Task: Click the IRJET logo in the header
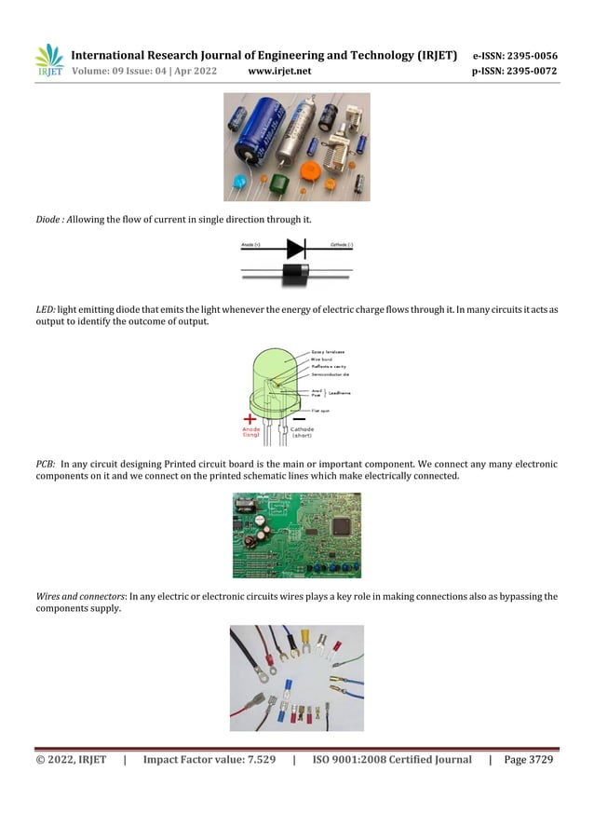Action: click(x=48, y=61)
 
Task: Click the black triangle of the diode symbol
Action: click(x=295, y=249)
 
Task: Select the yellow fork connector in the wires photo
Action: click(x=304, y=639)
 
